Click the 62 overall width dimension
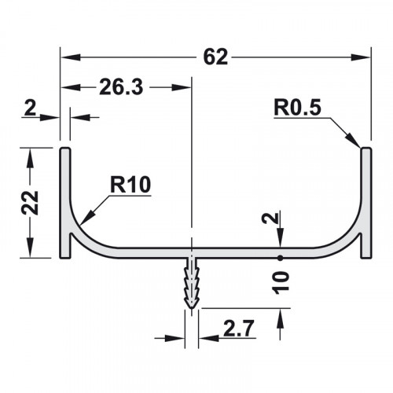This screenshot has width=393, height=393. pyautogui.click(x=215, y=57)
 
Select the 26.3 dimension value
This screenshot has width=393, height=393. pyautogui.click(x=121, y=87)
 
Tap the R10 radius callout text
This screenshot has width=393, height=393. pyautogui.click(x=130, y=185)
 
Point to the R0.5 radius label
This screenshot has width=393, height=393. pyautogui.click(x=297, y=108)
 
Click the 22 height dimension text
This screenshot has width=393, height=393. pyautogui.click(x=30, y=203)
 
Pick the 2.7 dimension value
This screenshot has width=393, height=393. pyautogui.click(x=239, y=328)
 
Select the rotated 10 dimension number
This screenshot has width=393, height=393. pyautogui.click(x=281, y=283)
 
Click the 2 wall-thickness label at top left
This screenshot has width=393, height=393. pyautogui.click(x=30, y=108)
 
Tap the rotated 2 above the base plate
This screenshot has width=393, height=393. pyautogui.click(x=270, y=218)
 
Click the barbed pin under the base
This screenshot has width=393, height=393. pyautogui.click(x=192, y=282)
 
